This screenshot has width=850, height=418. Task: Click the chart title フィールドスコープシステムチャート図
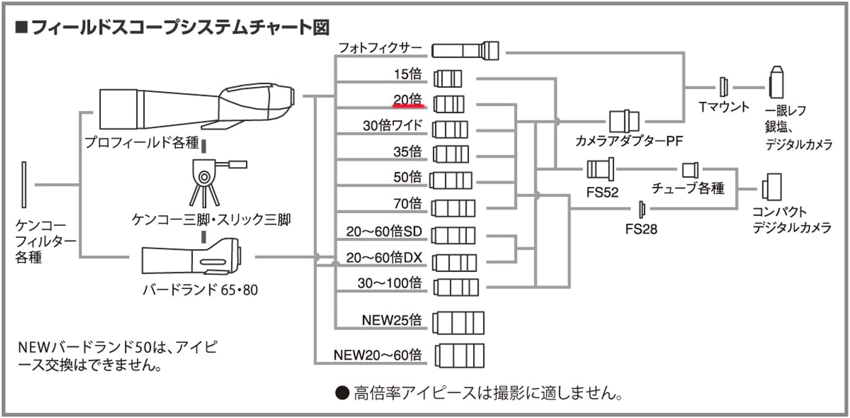coord(180,28)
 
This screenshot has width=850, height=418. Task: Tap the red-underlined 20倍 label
coord(408,100)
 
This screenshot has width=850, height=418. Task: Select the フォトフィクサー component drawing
coord(465,50)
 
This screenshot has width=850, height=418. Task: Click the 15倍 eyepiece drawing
coord(448,78)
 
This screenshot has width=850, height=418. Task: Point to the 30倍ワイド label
coord(392,126)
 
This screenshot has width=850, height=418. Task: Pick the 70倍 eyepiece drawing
coord(453,208)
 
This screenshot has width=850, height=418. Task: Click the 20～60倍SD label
coord(384,231)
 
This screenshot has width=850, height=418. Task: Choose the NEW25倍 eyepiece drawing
coord(458,323)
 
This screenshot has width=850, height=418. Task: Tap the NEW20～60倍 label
coord(378,355)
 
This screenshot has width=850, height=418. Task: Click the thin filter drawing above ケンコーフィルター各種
coord(24,185)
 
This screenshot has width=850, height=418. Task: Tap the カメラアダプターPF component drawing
coord(624,121)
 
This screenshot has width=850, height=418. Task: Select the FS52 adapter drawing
coord(600,169)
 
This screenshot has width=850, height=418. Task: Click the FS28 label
coord(641,229)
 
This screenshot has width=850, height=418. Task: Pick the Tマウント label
coord(724,107)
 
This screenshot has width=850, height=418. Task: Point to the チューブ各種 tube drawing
coord(690,170)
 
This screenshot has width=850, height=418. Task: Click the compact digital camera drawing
coord(772,187)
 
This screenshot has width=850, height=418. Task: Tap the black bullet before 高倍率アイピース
coord(342,393)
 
